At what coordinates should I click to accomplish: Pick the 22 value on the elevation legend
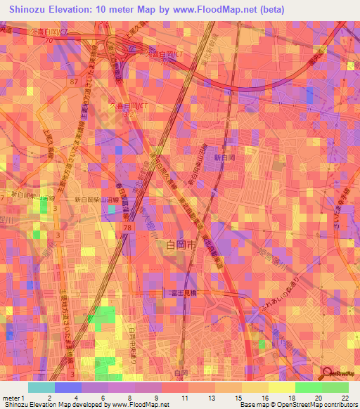[345, 398]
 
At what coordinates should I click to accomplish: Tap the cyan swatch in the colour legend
[41, 387]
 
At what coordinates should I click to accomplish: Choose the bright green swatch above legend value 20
[309, 387]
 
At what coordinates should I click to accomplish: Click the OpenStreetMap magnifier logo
[326, 373]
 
